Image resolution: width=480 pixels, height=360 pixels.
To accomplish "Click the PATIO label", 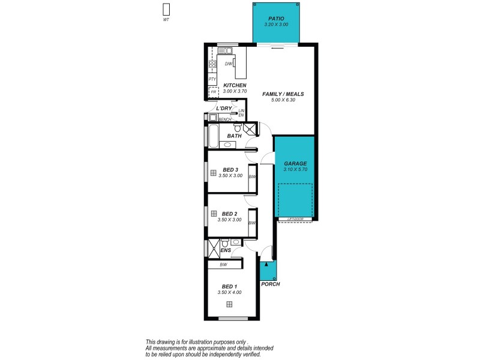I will point(276,19).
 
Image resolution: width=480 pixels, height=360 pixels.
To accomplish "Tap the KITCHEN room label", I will point(235,86).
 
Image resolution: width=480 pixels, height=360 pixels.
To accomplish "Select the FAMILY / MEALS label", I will point(284,94).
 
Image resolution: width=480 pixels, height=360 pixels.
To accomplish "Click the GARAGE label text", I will point(295,163).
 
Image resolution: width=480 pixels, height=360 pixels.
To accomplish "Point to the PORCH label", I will point(271,284).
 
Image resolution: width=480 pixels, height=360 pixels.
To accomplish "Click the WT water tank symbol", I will point(166,10).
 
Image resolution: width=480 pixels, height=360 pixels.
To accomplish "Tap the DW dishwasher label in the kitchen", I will point(228,64).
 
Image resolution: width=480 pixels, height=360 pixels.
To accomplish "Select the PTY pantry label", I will point(212,79).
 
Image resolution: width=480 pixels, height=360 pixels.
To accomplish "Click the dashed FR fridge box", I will point(213,92).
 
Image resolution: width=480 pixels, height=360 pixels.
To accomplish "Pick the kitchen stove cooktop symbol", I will point(212,62).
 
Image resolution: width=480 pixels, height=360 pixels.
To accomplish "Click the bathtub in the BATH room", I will point(212,134).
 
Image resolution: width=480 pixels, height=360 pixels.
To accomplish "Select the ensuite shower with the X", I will point(213,247).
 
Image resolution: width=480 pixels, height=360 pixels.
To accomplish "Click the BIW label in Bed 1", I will point(223,265).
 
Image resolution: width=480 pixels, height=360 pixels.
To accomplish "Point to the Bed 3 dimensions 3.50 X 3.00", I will point(230,176).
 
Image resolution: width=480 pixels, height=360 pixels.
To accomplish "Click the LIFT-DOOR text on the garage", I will point(296,219).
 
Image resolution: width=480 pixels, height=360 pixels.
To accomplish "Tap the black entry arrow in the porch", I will point(267,264).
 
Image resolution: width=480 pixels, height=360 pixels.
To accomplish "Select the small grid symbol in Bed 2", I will point(214,213).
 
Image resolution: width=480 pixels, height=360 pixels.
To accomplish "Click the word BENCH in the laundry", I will point(225,119).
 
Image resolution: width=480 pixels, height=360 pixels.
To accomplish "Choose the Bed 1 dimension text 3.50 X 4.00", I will point(230,293).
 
